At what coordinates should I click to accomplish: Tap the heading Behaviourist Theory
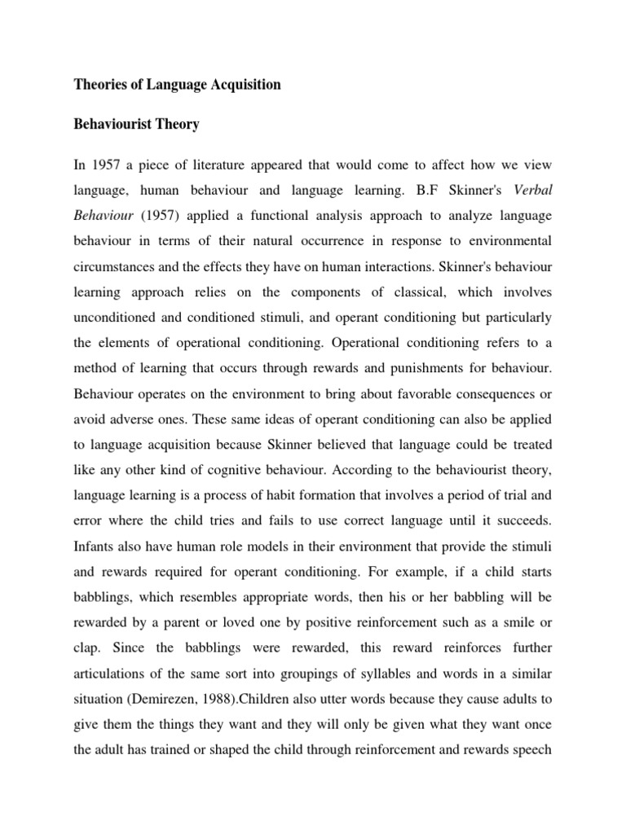pyautogui.click(x=137, y=125)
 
